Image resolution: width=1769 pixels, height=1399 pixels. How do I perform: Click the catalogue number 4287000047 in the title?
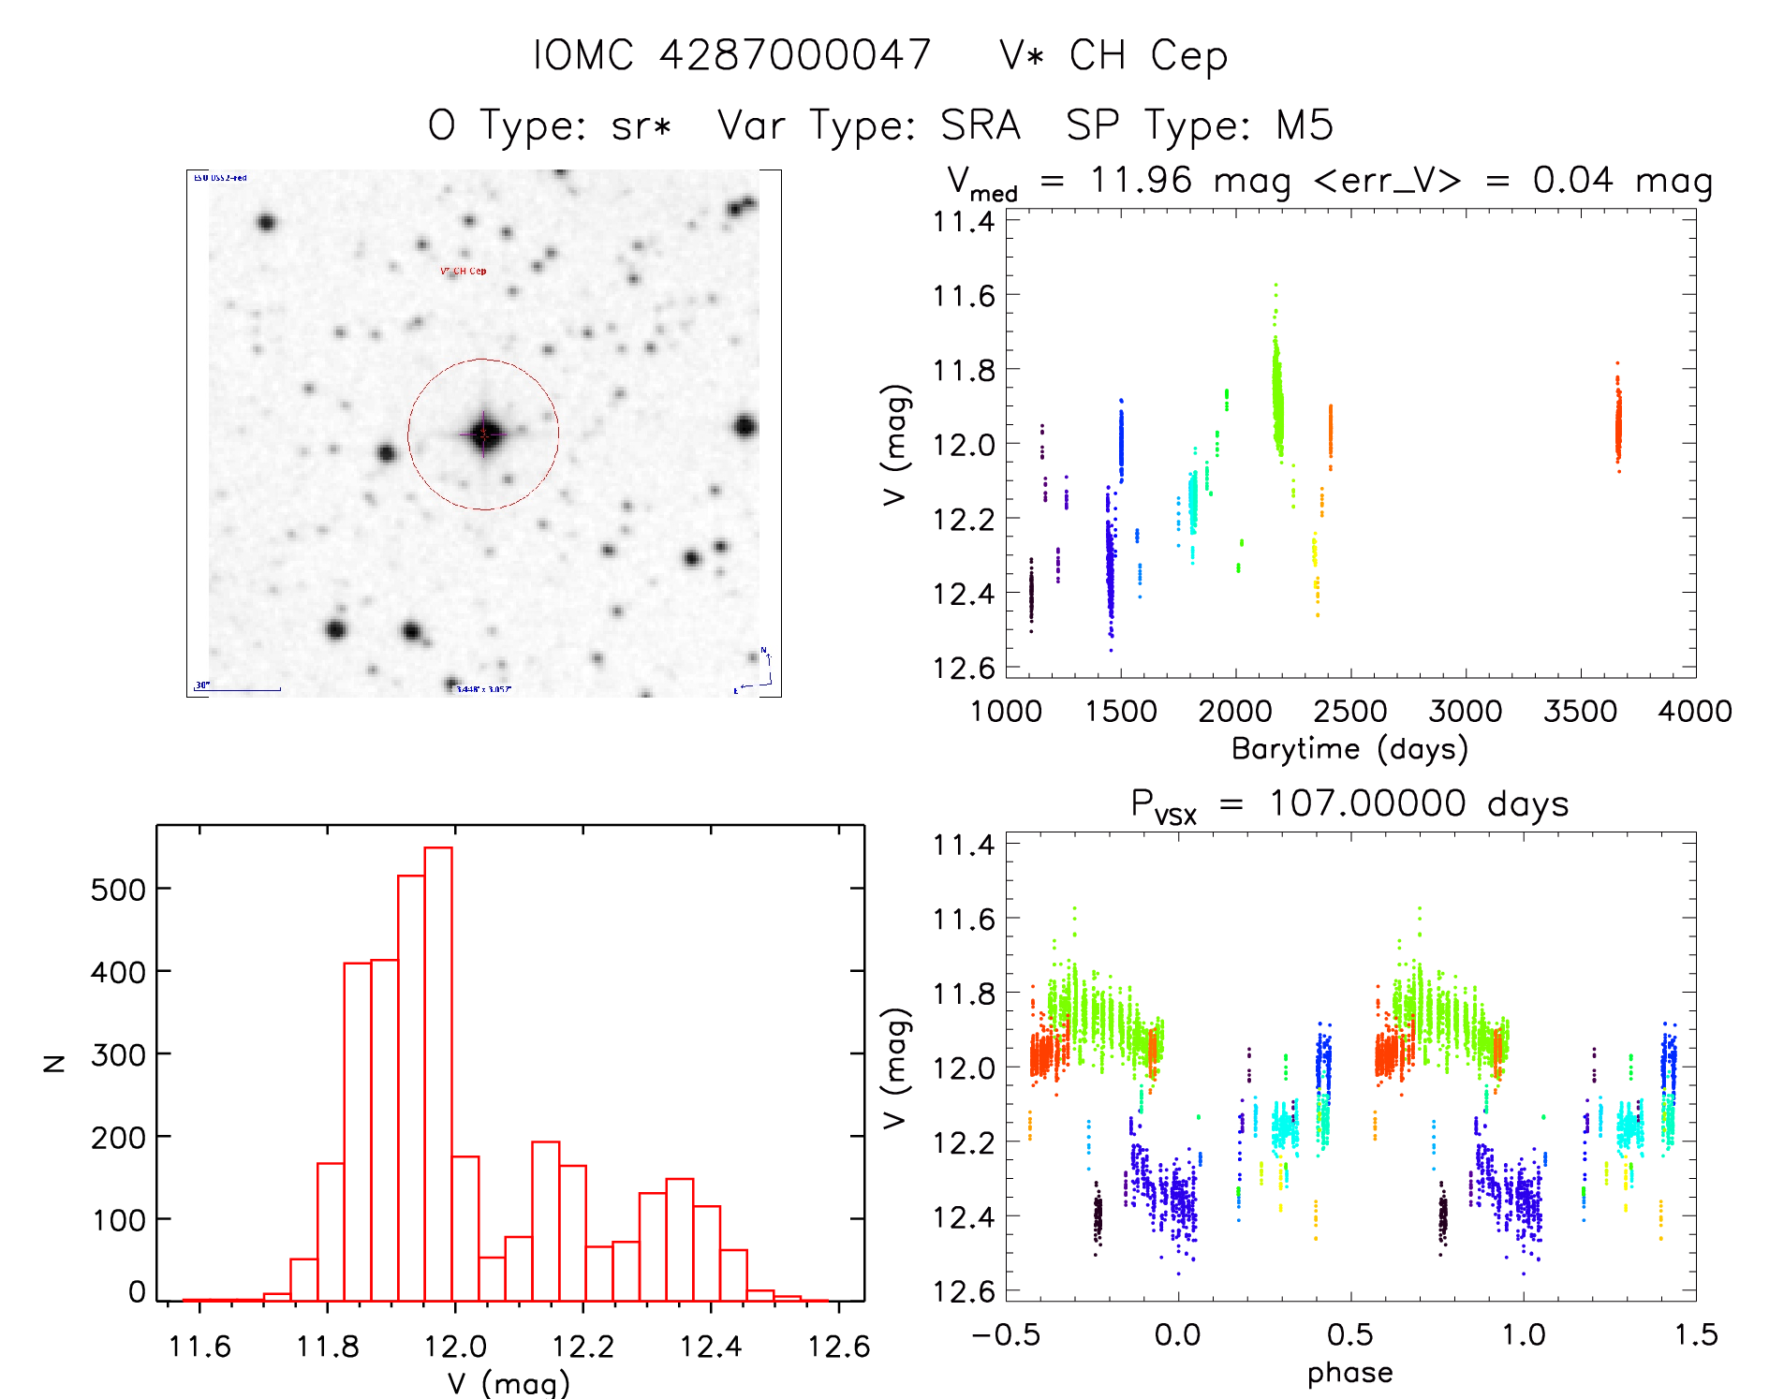795,55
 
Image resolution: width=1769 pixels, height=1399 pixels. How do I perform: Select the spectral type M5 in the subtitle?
1305,125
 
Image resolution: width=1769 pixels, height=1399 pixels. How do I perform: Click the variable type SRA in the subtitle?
980,125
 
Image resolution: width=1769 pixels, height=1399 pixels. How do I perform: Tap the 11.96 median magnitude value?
1142,180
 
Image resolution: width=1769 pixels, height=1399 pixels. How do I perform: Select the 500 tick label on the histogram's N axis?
118,889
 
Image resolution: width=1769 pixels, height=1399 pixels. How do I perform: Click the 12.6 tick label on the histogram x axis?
838,1347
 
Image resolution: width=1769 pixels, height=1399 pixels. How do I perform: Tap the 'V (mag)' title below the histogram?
509,1383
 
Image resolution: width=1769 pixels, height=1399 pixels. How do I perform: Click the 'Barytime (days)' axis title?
1349,749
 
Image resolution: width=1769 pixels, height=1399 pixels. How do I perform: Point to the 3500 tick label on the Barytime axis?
1580,712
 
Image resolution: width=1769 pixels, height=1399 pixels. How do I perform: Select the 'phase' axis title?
1349,1373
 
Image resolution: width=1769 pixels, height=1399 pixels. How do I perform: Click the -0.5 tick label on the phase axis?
1005,1335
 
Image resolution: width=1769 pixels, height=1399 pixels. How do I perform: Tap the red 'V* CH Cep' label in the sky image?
464,272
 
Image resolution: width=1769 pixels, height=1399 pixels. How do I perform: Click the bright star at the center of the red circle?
483,434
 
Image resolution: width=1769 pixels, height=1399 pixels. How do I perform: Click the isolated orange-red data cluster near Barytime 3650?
1617,423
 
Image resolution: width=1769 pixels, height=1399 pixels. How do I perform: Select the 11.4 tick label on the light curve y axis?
963,222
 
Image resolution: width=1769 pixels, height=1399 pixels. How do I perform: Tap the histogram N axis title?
54,1063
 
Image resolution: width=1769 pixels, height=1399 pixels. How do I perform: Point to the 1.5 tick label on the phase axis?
1695,1335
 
